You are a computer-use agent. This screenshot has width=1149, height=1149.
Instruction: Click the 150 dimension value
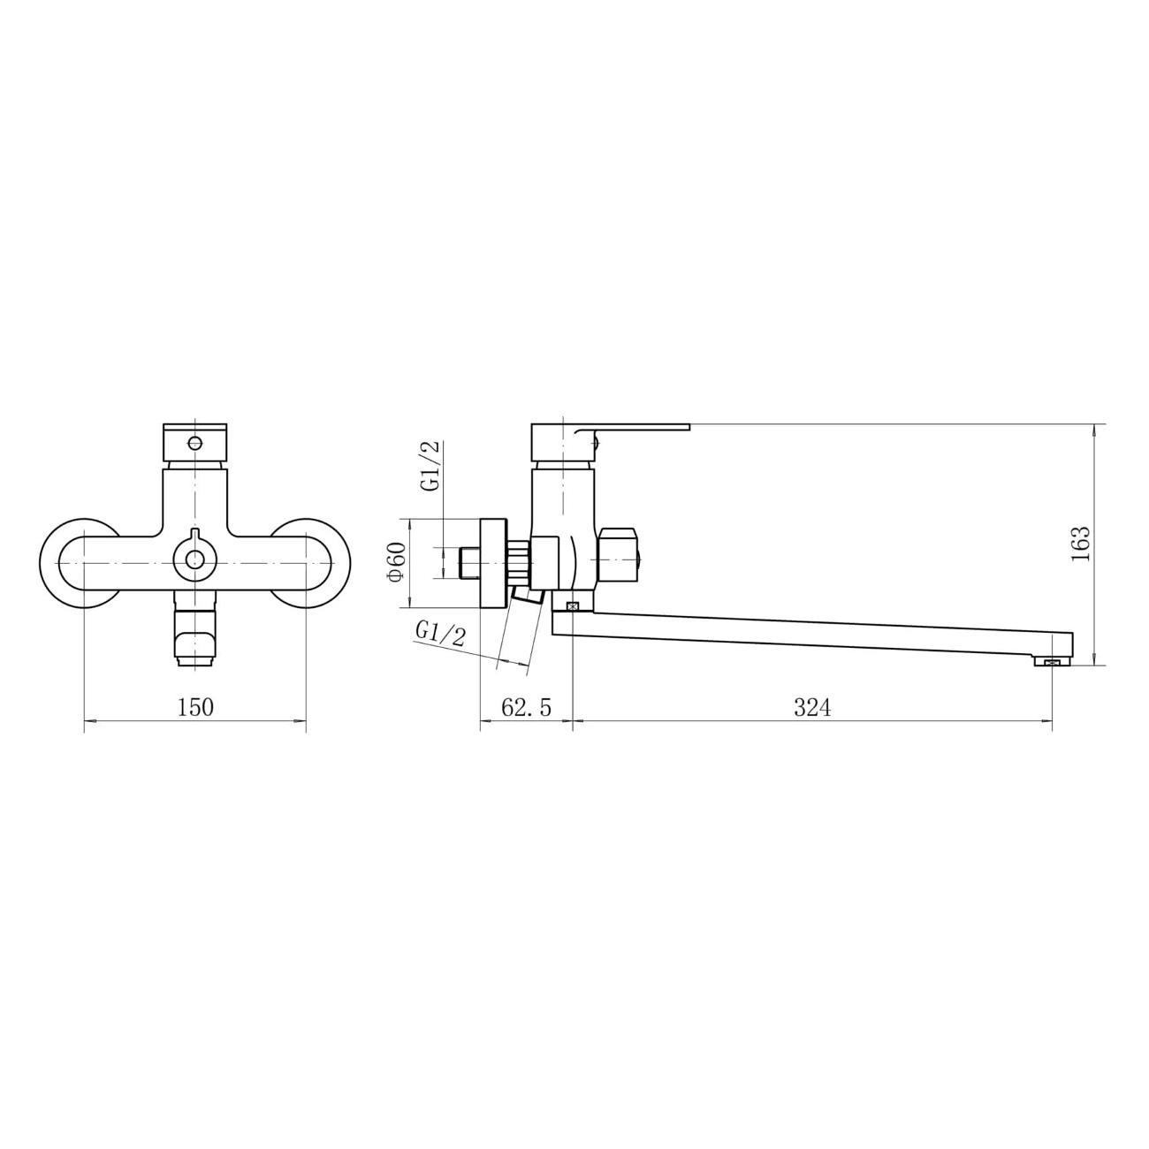coord(196,707)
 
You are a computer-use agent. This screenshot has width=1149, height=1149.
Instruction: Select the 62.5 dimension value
coord(526,707)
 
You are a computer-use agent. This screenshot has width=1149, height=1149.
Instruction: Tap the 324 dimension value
coord(812,707)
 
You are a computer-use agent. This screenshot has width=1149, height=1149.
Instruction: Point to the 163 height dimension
coord(1080,544)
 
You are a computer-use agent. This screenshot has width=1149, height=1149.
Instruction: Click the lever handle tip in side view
coord(672,428)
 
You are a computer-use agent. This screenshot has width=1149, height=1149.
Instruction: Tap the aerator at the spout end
coord(1053,661)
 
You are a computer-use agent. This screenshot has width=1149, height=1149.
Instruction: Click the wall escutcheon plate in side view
coord(492,563)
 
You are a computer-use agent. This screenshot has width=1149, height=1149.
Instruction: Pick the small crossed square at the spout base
coord(572,605)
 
